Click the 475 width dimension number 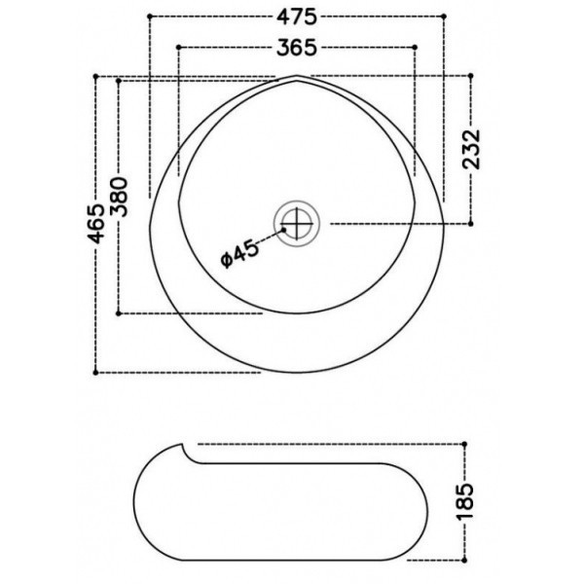pos(296,18)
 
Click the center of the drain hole pos(298,223)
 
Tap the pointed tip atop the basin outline pos(296,75)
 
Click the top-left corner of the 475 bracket pos(148,18)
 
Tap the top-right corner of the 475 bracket pos(444,18)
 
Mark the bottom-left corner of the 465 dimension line pos(97,372)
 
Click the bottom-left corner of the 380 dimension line pos(119,313)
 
